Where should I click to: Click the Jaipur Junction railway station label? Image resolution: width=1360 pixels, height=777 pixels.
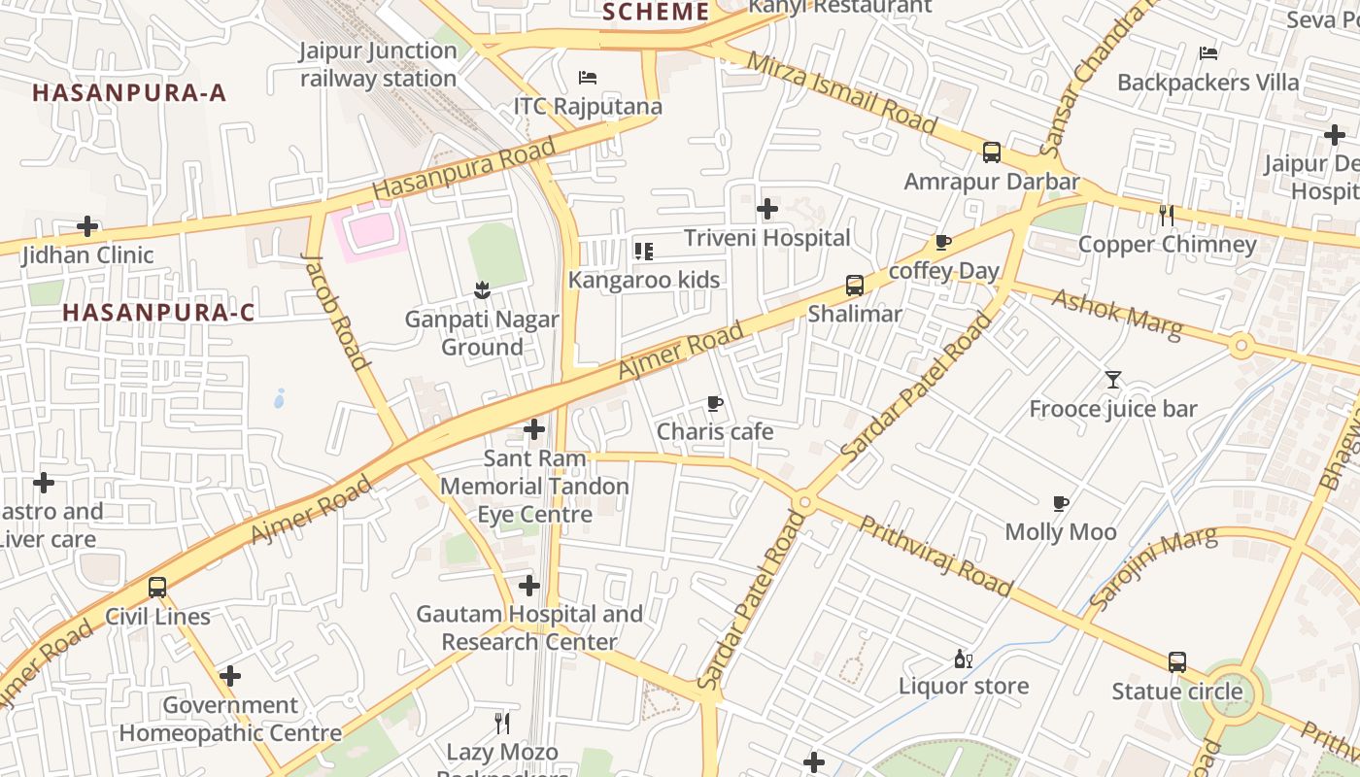378,64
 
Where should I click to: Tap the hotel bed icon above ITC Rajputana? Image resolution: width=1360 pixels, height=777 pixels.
588,78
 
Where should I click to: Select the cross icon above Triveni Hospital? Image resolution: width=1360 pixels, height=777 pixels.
767,209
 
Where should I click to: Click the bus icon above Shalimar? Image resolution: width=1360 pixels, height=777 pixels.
855,286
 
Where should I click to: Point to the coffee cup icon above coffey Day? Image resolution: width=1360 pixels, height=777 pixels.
942,243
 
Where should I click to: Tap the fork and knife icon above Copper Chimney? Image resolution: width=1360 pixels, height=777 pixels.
1167,216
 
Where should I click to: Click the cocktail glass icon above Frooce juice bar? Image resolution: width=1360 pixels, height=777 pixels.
1113,380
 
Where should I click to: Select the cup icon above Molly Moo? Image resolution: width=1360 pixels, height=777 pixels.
1061,503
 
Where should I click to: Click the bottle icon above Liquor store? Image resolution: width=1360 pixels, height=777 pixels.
963,659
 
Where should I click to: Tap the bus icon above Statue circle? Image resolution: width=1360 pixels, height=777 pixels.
1177,662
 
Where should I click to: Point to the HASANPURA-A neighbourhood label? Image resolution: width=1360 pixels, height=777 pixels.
129,93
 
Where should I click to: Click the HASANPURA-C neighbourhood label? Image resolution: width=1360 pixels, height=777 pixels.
158,313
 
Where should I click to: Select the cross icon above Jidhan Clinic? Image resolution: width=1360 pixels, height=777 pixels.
87,227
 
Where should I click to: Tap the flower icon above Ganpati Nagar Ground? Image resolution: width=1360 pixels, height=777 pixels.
481,289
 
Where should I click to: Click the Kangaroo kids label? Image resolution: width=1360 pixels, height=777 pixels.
644,281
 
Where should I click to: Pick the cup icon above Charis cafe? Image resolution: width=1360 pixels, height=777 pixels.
715,403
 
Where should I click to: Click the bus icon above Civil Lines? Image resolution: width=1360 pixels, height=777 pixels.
157,588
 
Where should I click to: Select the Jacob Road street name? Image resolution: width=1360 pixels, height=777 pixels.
336,311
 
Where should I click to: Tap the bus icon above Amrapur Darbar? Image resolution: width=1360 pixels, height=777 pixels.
992,152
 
